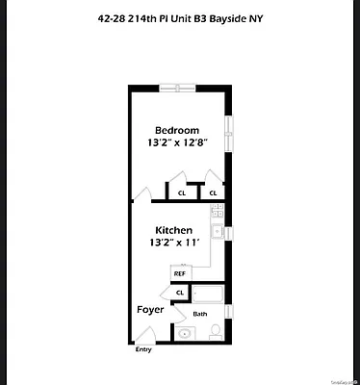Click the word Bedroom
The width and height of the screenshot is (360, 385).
tap(179, 130)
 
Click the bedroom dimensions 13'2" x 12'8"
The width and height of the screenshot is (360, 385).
tap(179, 144)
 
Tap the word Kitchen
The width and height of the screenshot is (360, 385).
tap(175, 231)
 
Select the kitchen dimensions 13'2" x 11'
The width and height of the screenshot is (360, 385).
tap(175, 244)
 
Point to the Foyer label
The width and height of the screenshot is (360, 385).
tap(150, 310)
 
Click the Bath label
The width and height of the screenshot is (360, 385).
tap(200, 314)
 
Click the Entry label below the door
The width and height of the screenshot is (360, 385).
tap(143, 349)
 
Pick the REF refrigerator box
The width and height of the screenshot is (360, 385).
tap(180, 273)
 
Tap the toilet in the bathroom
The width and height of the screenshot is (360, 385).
tap(216, 332)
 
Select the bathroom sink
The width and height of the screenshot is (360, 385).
tap(185, 334)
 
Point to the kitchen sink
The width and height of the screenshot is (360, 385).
tap(219, 232)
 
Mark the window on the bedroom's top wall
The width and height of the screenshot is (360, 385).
tap(174, 87)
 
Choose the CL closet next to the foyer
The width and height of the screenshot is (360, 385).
tap(180, 292)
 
